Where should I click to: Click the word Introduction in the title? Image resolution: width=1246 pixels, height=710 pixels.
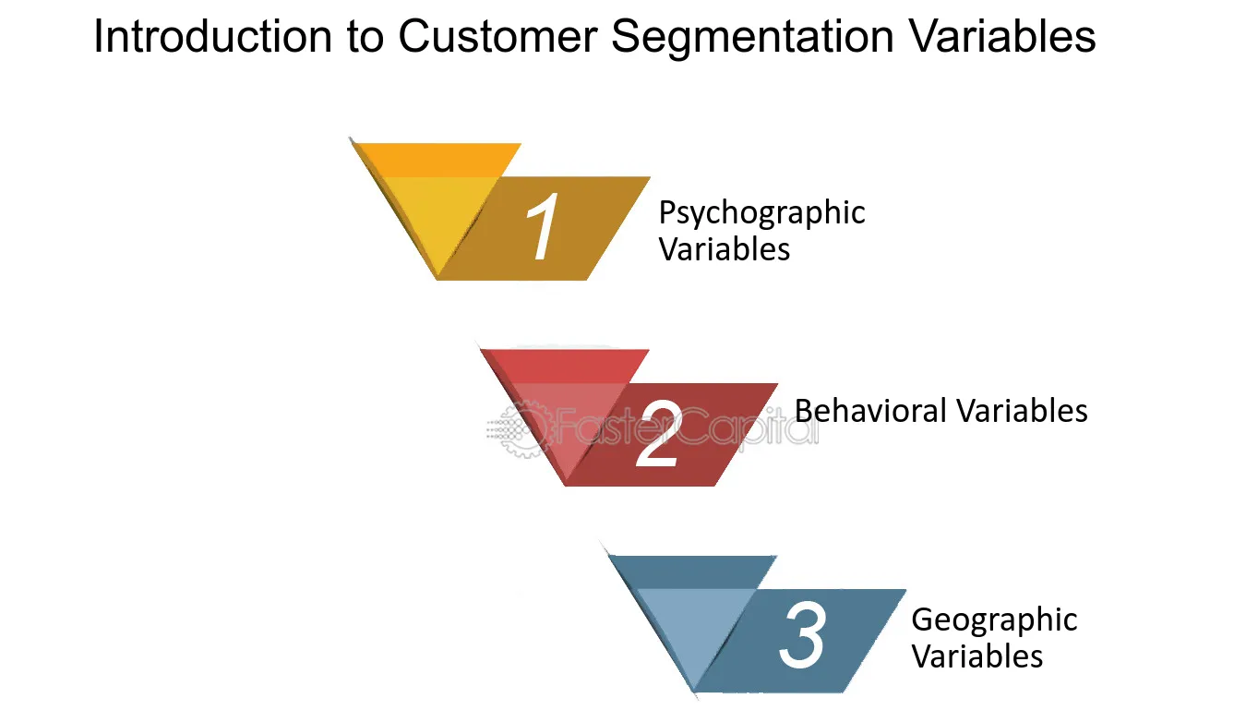coord(212,36)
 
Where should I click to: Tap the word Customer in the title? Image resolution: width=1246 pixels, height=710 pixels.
coord(497,36)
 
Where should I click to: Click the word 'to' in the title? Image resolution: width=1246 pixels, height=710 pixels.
coord(365,38)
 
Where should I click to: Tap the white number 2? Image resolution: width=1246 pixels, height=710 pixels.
coord(659,434)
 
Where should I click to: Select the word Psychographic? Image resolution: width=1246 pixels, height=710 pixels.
coord(761,213)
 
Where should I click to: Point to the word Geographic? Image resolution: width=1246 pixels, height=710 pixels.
coord(994,620)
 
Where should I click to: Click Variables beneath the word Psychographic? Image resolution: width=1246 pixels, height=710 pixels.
coord(725,248)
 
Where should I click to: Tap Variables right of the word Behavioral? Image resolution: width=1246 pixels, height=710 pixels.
coord(1022,411)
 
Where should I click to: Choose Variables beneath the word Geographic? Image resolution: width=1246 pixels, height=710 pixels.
coord(976,656)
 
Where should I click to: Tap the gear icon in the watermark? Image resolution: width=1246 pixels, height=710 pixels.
coord(521,429)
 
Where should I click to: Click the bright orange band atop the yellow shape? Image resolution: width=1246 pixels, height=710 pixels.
coord(437,161)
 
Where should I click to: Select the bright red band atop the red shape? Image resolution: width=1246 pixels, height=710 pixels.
coord(565,367)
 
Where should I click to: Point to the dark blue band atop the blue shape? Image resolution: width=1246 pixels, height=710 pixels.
coord(693,572)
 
